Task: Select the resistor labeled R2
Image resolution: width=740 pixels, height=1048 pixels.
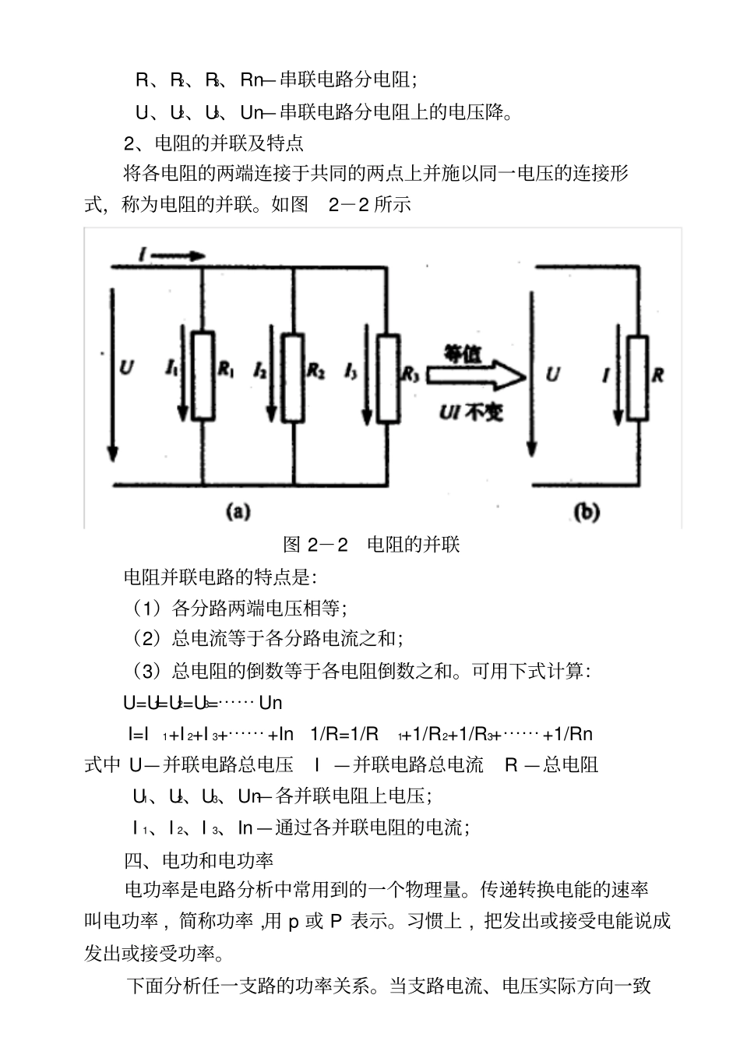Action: tap(291, 377)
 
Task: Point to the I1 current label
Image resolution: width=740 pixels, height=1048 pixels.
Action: tap(171, 369)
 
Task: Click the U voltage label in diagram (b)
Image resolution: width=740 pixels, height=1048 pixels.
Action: tap(552, 375)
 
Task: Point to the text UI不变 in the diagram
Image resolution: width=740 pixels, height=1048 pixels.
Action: tap(470, 411)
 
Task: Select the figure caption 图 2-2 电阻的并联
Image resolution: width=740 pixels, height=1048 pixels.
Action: tap(372, 544)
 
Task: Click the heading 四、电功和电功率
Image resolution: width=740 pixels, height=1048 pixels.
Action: tap(199, 860)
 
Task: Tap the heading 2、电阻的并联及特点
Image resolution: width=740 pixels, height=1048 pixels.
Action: tap(214, 143)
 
